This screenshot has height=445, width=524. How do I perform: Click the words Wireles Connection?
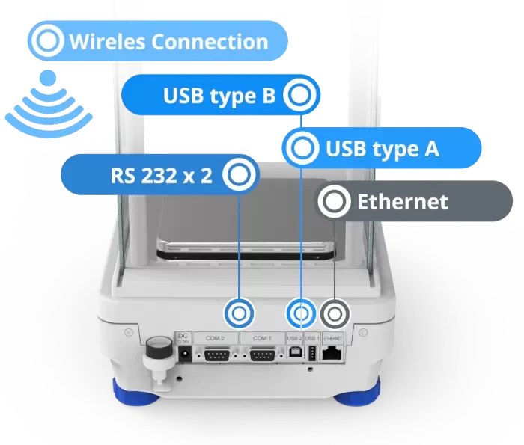tap(168, 41)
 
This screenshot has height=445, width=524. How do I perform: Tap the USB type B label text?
tap(219, 95)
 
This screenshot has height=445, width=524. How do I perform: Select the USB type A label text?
tap(382, 149)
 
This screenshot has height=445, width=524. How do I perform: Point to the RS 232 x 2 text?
tap(161, 176)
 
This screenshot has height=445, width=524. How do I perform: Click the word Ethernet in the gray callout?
tap(402, 201)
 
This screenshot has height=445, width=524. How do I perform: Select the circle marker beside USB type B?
tap(300, 95)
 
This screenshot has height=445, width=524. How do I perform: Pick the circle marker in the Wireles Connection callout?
tap(48, 41)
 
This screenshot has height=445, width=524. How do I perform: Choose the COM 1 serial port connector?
tap(261, 356)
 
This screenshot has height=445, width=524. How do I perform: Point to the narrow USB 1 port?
tap(311, 355)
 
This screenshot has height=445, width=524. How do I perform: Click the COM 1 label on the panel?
tap(261, 338)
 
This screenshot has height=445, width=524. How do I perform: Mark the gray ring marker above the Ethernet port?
tap(335, 313)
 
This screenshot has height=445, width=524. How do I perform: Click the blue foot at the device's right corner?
tap(359, 393)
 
